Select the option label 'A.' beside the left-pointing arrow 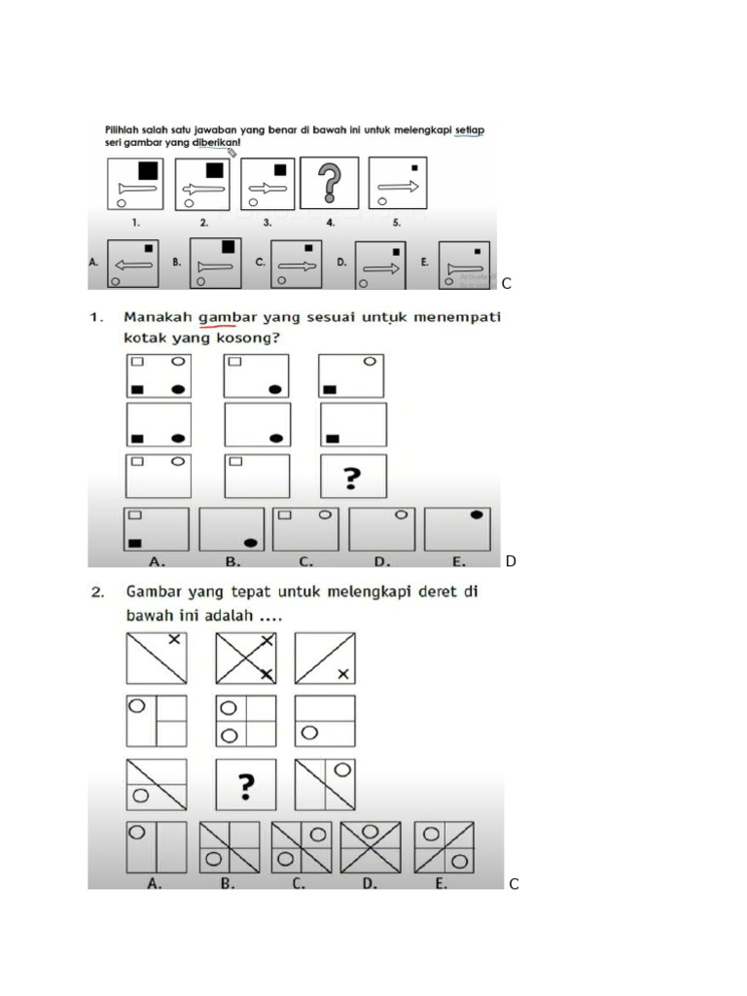click(x=93, y=262)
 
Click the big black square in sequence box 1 click(x=148, y=170)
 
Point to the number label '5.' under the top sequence click(x=396, y=222)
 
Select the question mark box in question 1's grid click(x=353, y=477)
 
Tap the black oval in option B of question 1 click(x=251, y=542)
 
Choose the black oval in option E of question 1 click(x=477, y=515)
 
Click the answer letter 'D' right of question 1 click(x=511, y=561)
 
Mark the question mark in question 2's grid click(x=245, y=784)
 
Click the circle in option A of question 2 click(x=137, y=833)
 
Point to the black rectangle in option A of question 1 click(x=137, y=541)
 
